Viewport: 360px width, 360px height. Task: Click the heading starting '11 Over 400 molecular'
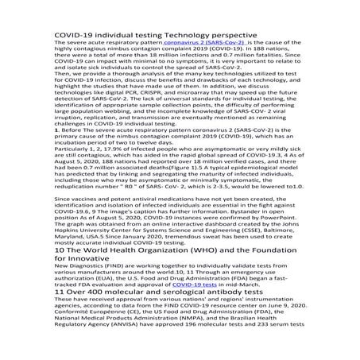click(x=159, y=315)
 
